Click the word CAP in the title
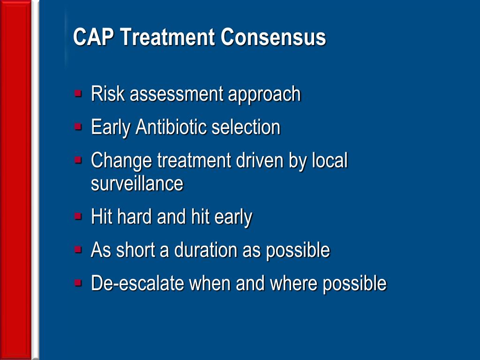pos(93,37)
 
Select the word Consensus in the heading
pos(273,37)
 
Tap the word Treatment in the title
pos(167,37)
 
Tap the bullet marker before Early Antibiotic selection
pos(78,126)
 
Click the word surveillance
pos(137,183)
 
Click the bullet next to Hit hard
pos(78,216)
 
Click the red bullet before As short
pos(78,249)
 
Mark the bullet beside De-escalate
pos(78,283)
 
